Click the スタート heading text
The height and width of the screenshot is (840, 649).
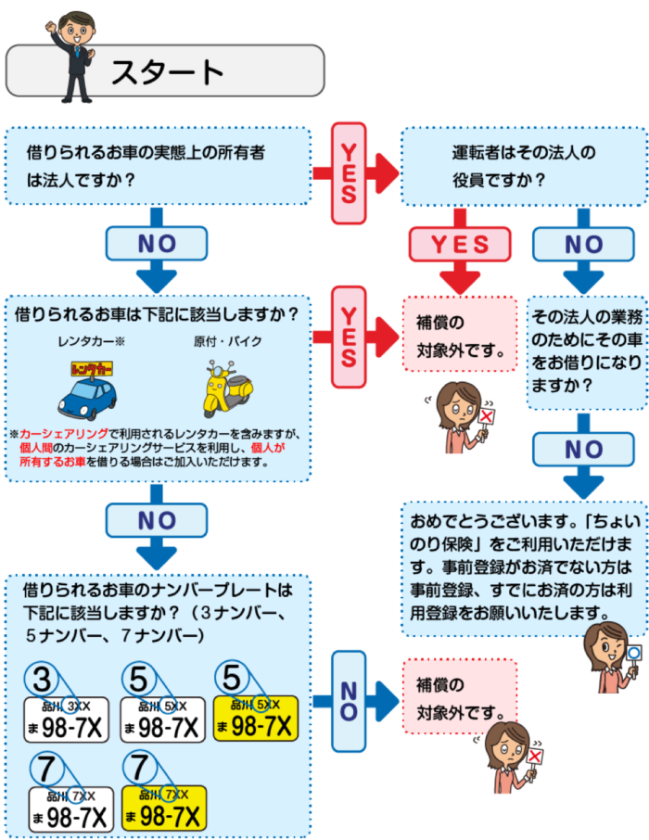pyautogui.click(x=168, y=72)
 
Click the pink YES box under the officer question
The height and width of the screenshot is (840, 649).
pyautogui.click(x=460, y=244)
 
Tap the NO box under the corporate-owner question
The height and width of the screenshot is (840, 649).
pyautogui.click(x=156, y=244)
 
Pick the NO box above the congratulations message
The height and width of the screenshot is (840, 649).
pyautogui.click(x=583, y=450)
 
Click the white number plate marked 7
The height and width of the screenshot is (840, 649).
pyautogui.click(x=70, y=808)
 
